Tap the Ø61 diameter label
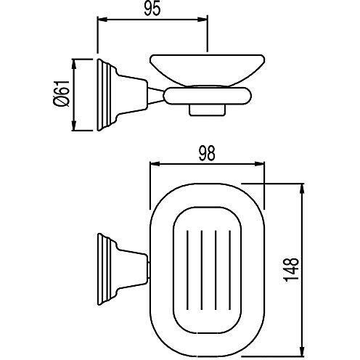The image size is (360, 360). point(66,94)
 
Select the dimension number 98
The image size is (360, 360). point(208,152)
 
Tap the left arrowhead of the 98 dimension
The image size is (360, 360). point(153,165)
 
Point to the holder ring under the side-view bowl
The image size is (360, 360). point(210,95)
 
